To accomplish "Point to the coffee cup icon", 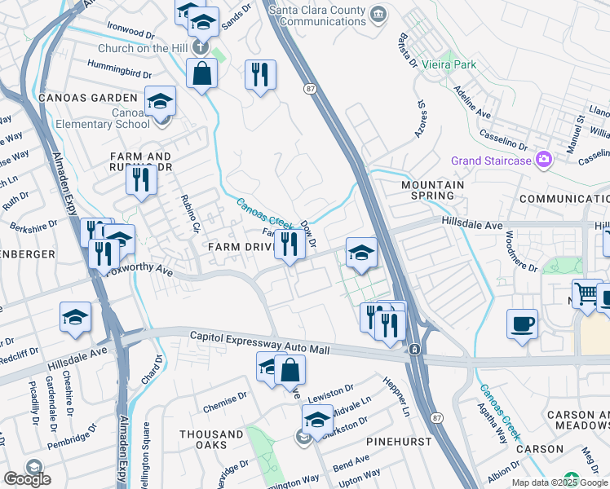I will pyautogui.click(x=522, y=324).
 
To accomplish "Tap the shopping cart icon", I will pyautogui.click(x=586, y=294).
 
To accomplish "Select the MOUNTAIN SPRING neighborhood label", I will pyautogui.click(x=432, y=190).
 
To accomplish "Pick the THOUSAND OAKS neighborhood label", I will pyautogui.click(x=211, y=440).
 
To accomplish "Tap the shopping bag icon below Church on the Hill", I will pyautogui.click(x=201, y=73).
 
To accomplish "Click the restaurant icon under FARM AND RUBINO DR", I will pyautogui.click(x=141, y=178).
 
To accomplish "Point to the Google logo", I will pyautogui.click(x=27, y=479).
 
